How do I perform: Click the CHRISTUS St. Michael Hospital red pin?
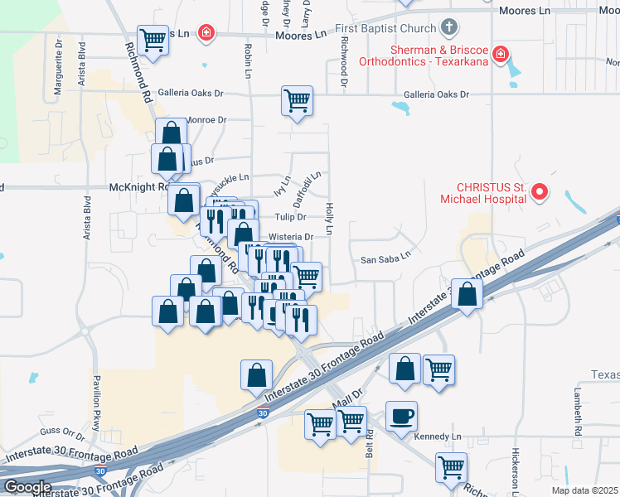click(540, 193)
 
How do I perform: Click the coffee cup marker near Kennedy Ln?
click(402, 415)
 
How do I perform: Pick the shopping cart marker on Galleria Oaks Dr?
click(297, 101)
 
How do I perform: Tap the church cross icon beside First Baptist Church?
click(449, 27)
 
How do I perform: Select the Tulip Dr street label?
click(290, 217)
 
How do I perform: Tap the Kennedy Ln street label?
click(436, 436)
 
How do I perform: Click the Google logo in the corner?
click(27, 486)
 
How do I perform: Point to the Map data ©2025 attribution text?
click(584, 490)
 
